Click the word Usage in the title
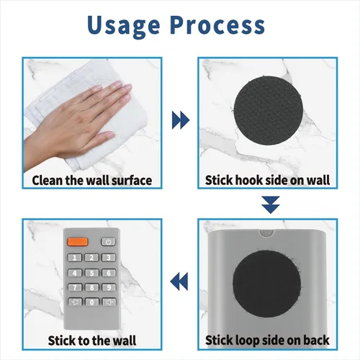tap(124, 26)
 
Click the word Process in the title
tap(218, 24)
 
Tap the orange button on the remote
tap(78, 242)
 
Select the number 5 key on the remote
tap(91, 273)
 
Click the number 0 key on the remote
tap(91, 302)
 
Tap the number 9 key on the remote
tap(109, 287)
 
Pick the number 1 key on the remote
tap(75, 258)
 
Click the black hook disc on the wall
tap(268, 110)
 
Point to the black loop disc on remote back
tap(266, 285)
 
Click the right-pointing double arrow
tap(181, 120)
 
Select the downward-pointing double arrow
tap(271, 204)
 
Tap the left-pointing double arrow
tap(179, 282)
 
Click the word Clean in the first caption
tap(48, 180)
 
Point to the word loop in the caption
tap(248, 341)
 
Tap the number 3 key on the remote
tap(109, 258)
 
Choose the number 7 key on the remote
tap(75, 287)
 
